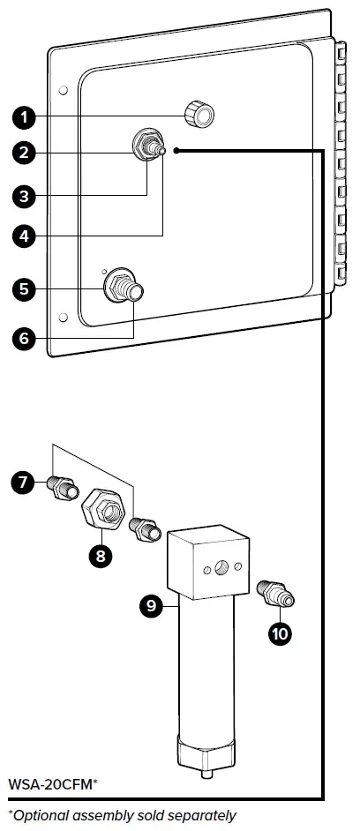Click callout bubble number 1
point(24,117)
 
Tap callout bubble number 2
point(24,153)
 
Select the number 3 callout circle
point(24,196)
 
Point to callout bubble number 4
point(24,236)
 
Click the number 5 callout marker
point(24,289)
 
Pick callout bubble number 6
point(24,338)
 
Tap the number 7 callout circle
point(23,483)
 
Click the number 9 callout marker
point(152,606)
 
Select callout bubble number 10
point(280,633)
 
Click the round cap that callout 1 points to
point(199,115)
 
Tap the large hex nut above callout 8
point(103,508)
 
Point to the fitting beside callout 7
point(63,487)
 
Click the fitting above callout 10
point(275,594)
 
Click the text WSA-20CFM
point(49,784)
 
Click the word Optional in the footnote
point(41,816)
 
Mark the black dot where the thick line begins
point(176,151)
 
